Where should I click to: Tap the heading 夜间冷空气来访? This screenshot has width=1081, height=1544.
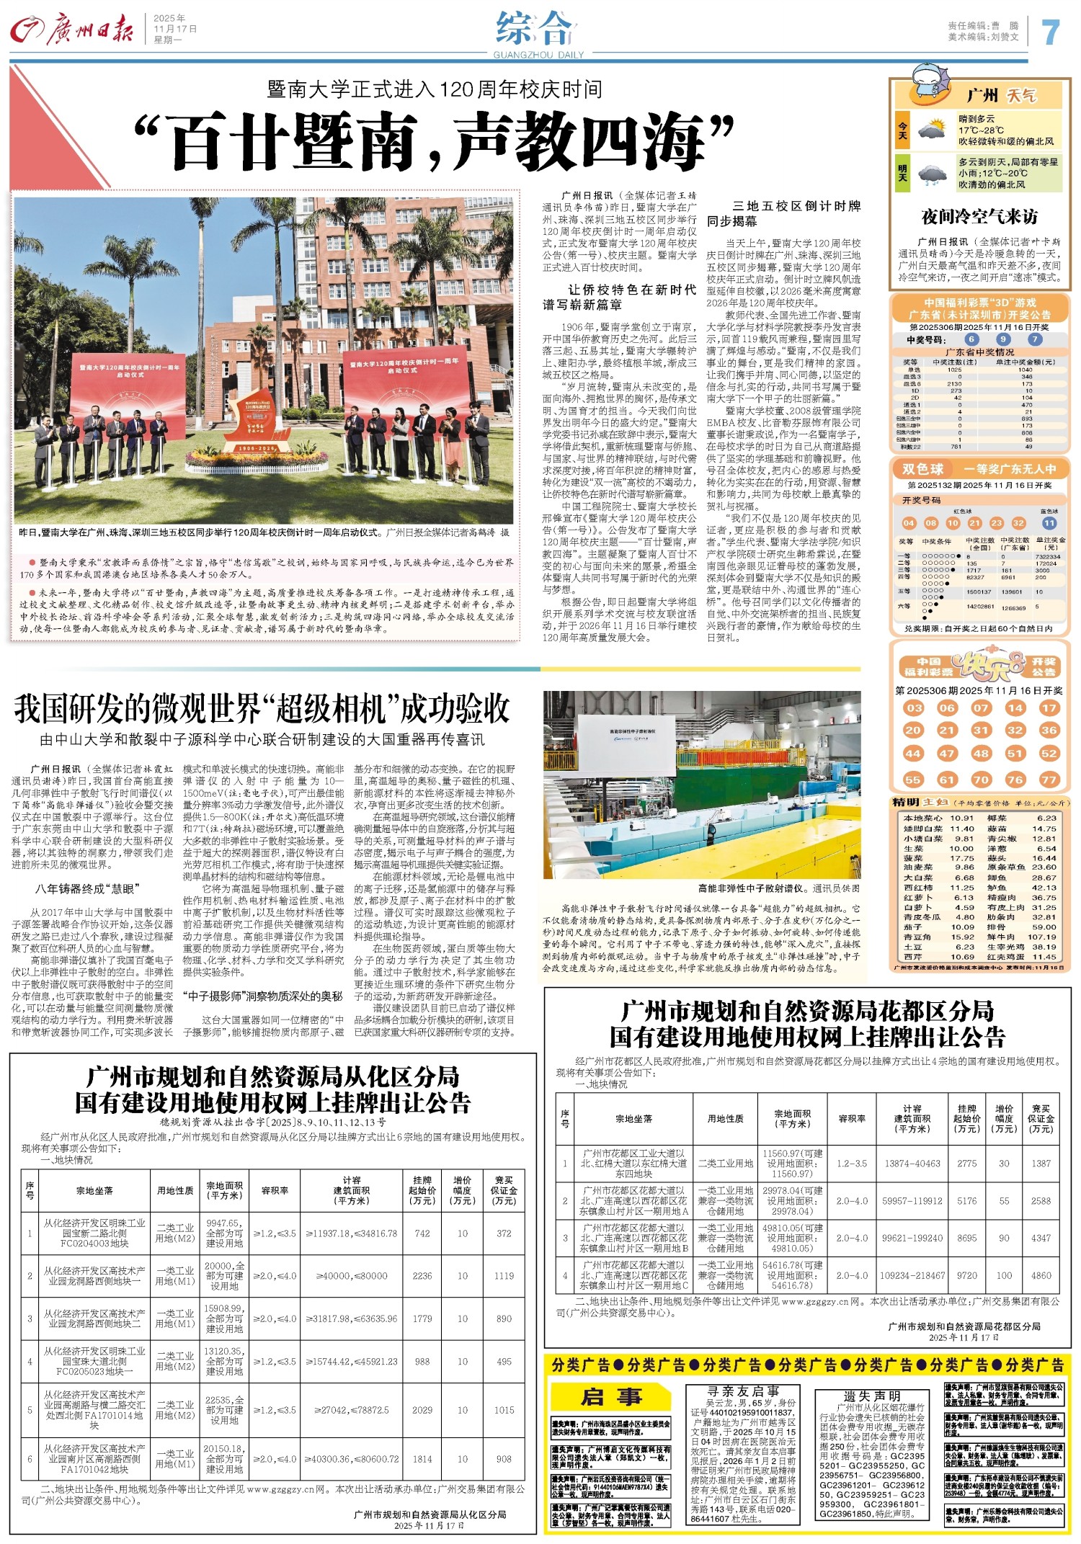[x=979, y=216]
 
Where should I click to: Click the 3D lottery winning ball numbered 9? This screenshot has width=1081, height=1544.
[x=1003, y=339]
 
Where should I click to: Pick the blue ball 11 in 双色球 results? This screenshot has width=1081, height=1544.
[x=1049, y=523]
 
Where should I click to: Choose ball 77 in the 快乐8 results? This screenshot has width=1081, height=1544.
[x=1049, y=779]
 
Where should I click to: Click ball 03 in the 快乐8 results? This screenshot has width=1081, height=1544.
[x=914, y=708]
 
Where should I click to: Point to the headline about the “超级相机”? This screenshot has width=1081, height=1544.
[x=262, y=709]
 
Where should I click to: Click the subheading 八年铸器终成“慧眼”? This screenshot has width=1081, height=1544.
[x=86, y=888]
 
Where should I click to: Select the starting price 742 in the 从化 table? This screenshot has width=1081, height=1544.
[x=422, y=1233]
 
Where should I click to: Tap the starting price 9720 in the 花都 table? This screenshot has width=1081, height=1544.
[x=966, y=1275]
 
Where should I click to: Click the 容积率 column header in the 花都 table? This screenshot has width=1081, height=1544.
[x=852, y=1119]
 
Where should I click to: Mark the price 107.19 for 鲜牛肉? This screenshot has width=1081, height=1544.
[x=1042, y=937]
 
